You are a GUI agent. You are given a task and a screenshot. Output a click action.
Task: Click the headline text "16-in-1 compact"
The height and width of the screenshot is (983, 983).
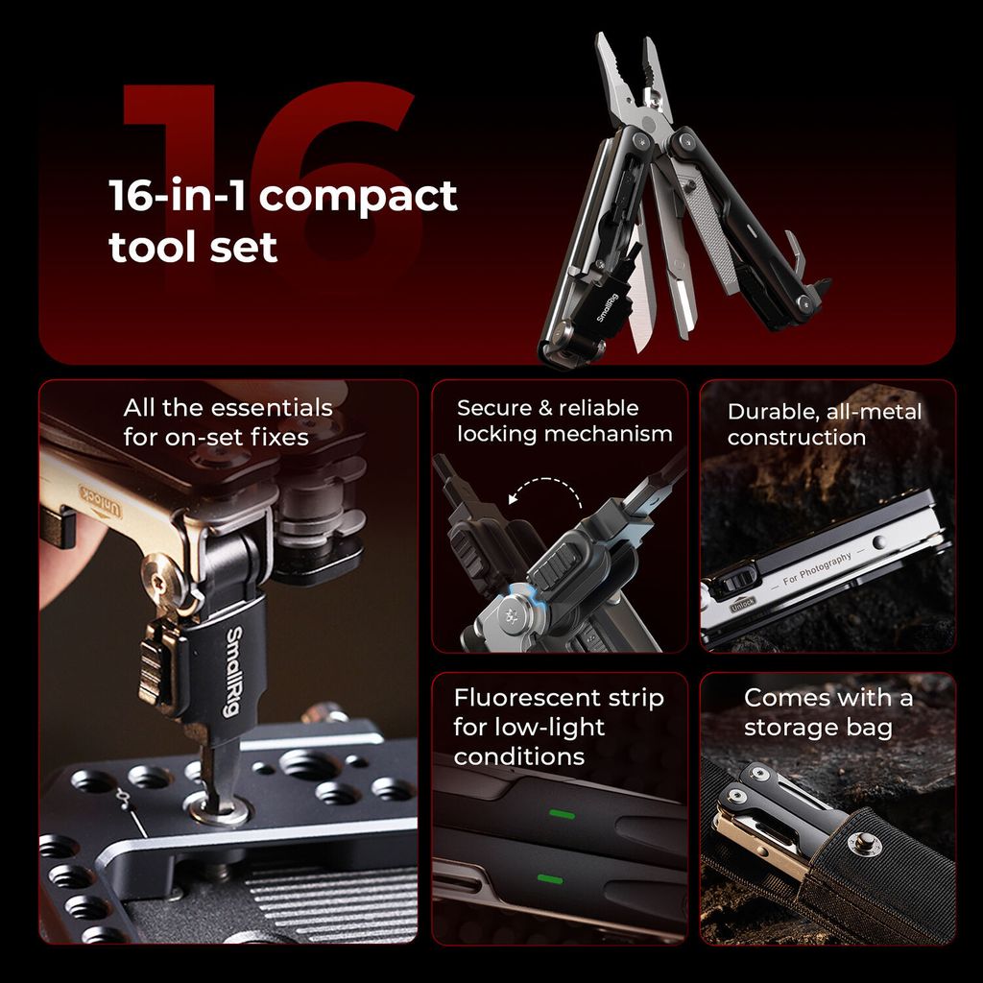pos(283,196)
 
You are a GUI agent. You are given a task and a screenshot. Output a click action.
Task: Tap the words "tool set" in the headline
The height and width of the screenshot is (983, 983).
pos(192,247)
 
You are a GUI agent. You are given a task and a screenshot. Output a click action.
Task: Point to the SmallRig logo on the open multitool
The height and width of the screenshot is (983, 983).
pos(607,308)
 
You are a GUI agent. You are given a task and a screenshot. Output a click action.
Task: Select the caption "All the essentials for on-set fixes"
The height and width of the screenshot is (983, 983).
pos(228,422)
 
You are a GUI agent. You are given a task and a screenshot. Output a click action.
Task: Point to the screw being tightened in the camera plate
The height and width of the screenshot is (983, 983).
pos(219,808)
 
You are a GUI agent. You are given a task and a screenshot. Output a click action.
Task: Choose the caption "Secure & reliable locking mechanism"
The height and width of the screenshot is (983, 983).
pos(564,420)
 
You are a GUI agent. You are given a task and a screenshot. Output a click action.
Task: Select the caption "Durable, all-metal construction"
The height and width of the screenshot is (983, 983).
pos(825,424)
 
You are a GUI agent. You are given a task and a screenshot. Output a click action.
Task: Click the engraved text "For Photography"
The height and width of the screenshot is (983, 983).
pos(818,568)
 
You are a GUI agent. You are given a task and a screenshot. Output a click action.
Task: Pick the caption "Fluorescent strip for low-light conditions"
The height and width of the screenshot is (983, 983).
pos(559,727)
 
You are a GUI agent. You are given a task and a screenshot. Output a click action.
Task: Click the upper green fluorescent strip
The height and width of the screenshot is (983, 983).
pos(563,814)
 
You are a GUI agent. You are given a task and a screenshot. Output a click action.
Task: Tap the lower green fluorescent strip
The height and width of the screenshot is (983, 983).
pos(550,879)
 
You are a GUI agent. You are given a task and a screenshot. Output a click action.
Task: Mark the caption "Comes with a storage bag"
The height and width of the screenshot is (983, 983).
pos(828,712)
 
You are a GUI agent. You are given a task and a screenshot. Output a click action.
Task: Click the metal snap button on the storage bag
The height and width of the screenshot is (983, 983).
pos(865,842)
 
